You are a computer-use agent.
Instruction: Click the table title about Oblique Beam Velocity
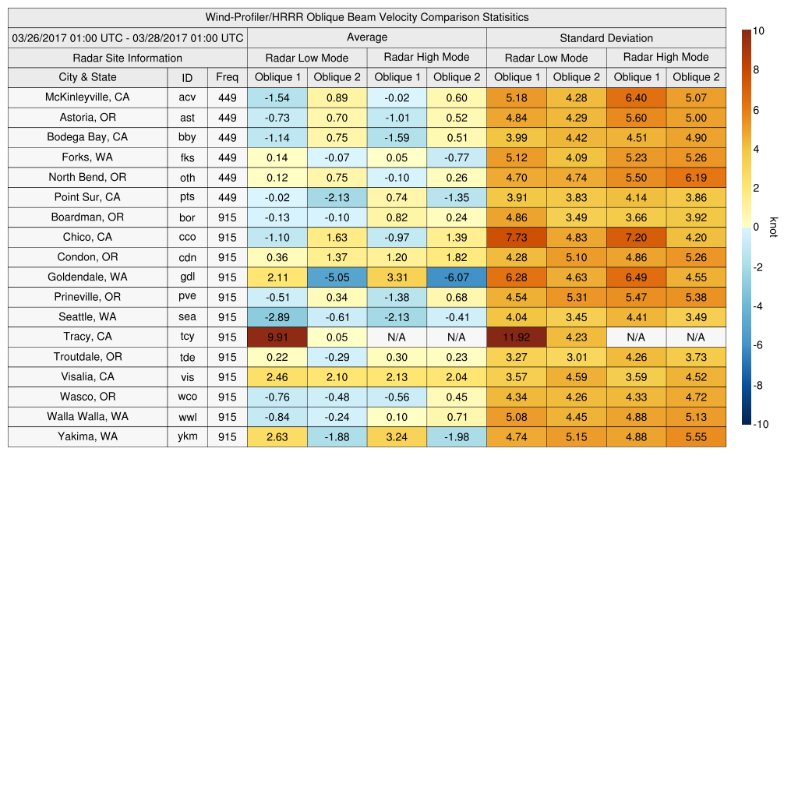(x=367, y=17)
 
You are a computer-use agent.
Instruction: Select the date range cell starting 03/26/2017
(x=128, y=37)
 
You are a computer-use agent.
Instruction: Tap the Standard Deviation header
(x=606, y=37)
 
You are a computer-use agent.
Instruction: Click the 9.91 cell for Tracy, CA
(x=277, y=337)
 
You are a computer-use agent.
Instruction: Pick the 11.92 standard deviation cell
(x=516, y=337)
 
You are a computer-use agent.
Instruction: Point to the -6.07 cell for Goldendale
(x=457, y=277)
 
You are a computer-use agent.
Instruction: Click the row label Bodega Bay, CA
(x=88, y=137)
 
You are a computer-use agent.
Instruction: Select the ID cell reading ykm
(x=187, y=436)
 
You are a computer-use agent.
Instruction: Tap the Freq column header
(x=227, y=77)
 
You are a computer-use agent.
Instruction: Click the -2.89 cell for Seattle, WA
(x=277, y=316)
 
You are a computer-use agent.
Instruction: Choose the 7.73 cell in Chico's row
(x=516, y=237)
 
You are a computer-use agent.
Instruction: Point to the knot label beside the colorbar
(x=773, y=227)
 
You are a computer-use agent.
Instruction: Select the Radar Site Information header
(x=128, y=58)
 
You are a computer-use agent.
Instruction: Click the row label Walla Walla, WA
(x=88, y=416)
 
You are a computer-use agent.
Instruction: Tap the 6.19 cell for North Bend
(x=696, y=177)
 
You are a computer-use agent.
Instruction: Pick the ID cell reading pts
(x=187, y=197)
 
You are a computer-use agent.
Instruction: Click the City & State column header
(x=88, y=77)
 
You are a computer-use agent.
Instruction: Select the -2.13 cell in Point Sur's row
(x=337, y=197)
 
